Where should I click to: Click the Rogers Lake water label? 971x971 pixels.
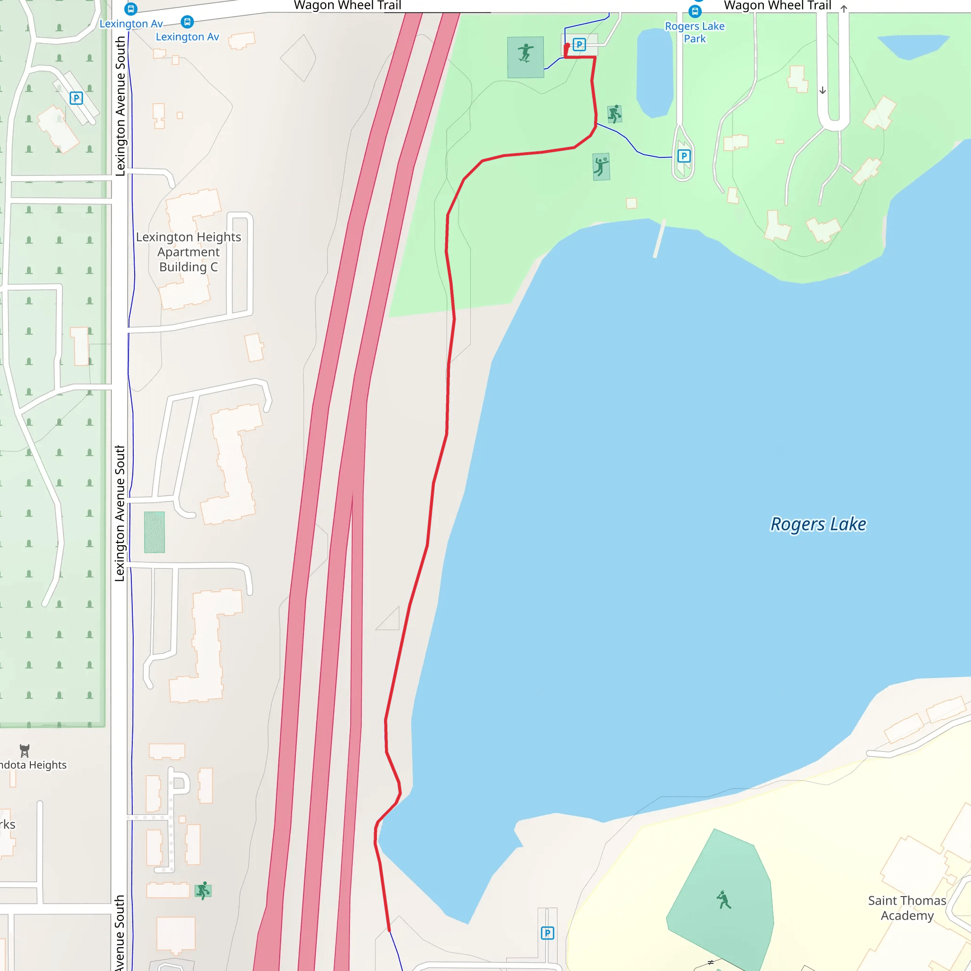click(818, 524)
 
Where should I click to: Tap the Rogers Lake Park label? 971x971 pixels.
click(695, 32)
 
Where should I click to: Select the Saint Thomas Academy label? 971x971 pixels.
click(907, 907)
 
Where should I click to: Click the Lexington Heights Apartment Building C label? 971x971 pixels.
click(189, 251)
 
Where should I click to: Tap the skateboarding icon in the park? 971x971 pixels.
click(525, 53)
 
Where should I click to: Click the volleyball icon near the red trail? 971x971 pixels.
click(601, 166)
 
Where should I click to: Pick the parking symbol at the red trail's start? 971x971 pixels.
click(579, 45)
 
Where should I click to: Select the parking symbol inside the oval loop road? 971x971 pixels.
click(684, 156)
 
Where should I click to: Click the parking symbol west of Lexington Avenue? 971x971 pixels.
click(76, 98)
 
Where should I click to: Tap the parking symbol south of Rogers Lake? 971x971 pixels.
click(547, 933)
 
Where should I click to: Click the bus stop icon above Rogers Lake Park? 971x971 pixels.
click(695, 11)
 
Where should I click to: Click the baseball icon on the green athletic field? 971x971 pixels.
click(724, 899)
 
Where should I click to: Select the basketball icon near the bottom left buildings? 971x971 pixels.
click(203, 890)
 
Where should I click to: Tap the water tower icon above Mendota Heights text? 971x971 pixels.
click(25, 751)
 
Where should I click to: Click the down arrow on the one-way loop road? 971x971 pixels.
click(823, 91)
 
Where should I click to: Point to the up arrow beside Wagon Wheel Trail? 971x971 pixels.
click(844, 9)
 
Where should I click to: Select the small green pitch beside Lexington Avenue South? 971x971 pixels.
click(154, 532)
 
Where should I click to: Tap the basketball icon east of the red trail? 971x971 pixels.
click(614, 114)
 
